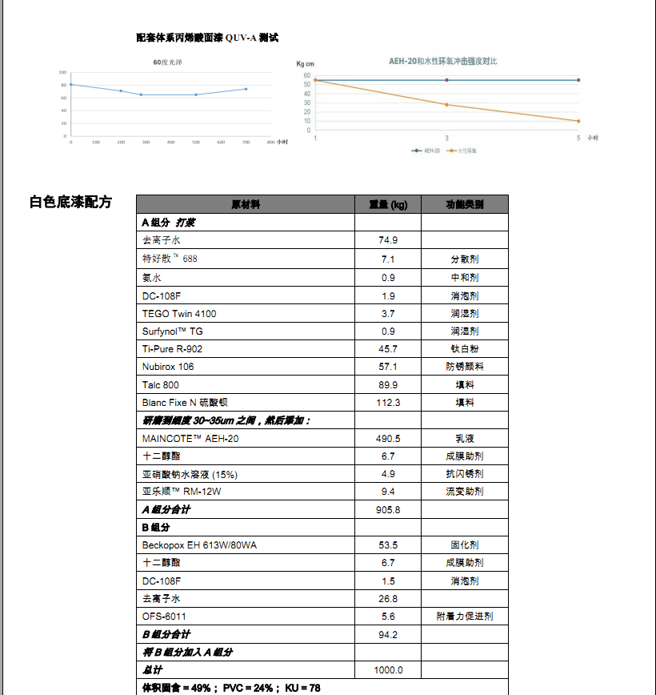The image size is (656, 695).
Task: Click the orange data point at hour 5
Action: (578, 121)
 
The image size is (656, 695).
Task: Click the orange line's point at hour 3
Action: (446, 105)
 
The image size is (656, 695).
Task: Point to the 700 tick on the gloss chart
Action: (246, 143)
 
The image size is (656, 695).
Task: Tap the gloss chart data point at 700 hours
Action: (246, 89)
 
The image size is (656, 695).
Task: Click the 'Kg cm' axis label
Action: (306, 63)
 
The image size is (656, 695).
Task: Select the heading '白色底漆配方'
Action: (71, 202)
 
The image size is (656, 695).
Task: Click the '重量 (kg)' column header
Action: (388, 205)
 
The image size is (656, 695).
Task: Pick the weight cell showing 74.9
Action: (388, 240)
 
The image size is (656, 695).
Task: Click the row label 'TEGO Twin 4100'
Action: (179, 314)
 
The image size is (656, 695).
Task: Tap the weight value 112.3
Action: (388, 403)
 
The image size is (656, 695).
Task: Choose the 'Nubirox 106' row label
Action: (168, 367)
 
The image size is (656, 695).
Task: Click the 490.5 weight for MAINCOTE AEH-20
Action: (388, 439)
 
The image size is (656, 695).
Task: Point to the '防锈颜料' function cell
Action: (465, 367)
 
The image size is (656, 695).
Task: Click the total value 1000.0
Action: (388, 670)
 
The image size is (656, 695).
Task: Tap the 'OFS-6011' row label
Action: (164, 617)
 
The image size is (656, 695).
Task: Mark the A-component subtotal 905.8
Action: (388, 510)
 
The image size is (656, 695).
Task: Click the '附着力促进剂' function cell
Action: (465, 617)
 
